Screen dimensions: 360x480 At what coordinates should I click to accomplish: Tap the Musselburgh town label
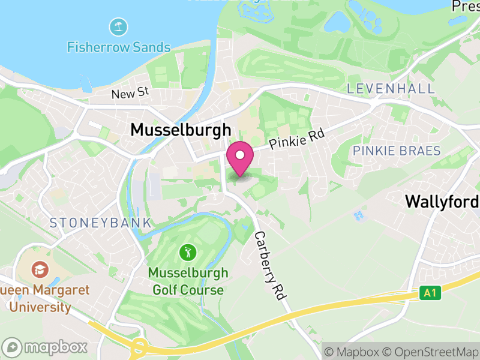click(180, 130)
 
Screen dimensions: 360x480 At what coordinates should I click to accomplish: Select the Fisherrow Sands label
click(119, 47)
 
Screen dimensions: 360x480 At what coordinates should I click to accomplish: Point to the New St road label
click(130, 93)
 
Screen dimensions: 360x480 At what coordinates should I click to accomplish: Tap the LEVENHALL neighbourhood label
click(391, 89)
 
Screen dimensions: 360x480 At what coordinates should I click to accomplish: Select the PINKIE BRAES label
click(397, 151)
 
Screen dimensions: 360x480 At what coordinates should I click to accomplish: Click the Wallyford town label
click(442, 201)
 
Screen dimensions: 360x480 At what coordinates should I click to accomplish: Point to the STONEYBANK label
click(100, 223)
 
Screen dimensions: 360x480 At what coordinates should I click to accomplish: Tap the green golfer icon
click(188, 252)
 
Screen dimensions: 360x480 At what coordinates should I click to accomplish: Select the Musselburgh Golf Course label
click(188, 281)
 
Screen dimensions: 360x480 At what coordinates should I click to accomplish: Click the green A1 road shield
click(428, 293)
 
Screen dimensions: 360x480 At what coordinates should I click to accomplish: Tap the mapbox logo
click(46, 347)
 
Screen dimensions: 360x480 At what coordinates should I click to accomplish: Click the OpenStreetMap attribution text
click(429, 351)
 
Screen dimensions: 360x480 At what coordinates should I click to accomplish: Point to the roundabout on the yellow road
click(139, 347)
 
